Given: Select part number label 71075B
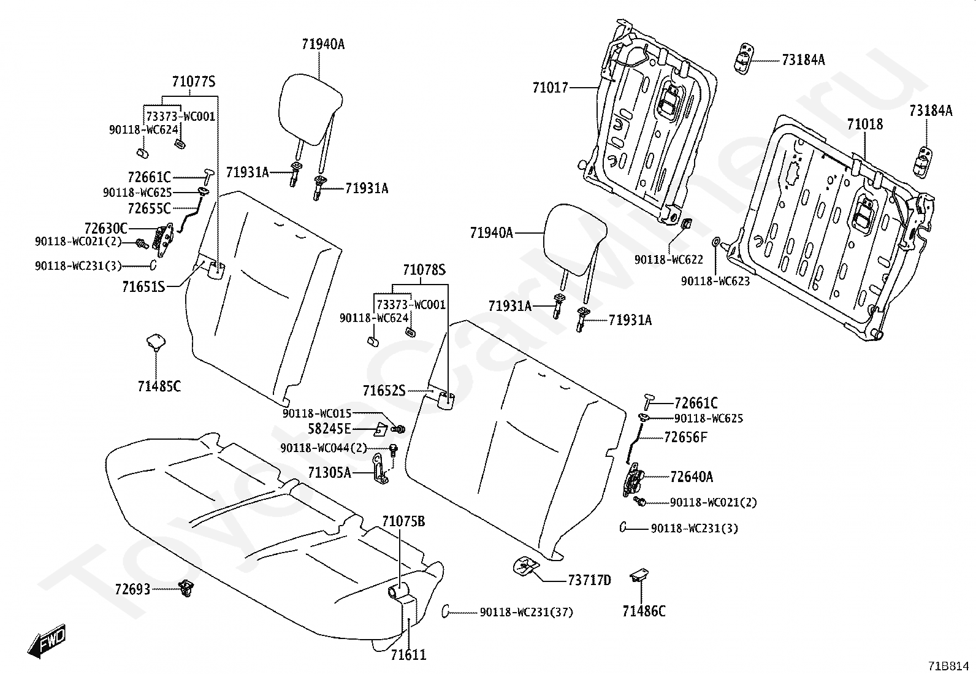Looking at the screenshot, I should tap(403, 522).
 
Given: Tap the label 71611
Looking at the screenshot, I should tap(408, 655).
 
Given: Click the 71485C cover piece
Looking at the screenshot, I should tap(155, 342).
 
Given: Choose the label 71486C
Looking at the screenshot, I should tap(644, 611).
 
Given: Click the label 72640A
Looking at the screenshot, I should tap(692, 477).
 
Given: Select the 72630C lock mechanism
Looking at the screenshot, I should tap(164, 239).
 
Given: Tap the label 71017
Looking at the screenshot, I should tap(550, 88).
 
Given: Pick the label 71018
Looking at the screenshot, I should tap(865, 124).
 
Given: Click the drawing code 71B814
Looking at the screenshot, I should tap(948, 666).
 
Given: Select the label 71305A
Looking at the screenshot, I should tap(329, 473).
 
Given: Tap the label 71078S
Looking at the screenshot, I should tap(424, 270).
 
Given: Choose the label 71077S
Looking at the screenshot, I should tap(194, 82).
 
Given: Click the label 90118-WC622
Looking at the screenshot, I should tap(668, 260).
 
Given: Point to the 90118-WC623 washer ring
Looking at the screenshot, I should tap(716, 241).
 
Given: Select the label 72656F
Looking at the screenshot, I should tap(685, 437).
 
